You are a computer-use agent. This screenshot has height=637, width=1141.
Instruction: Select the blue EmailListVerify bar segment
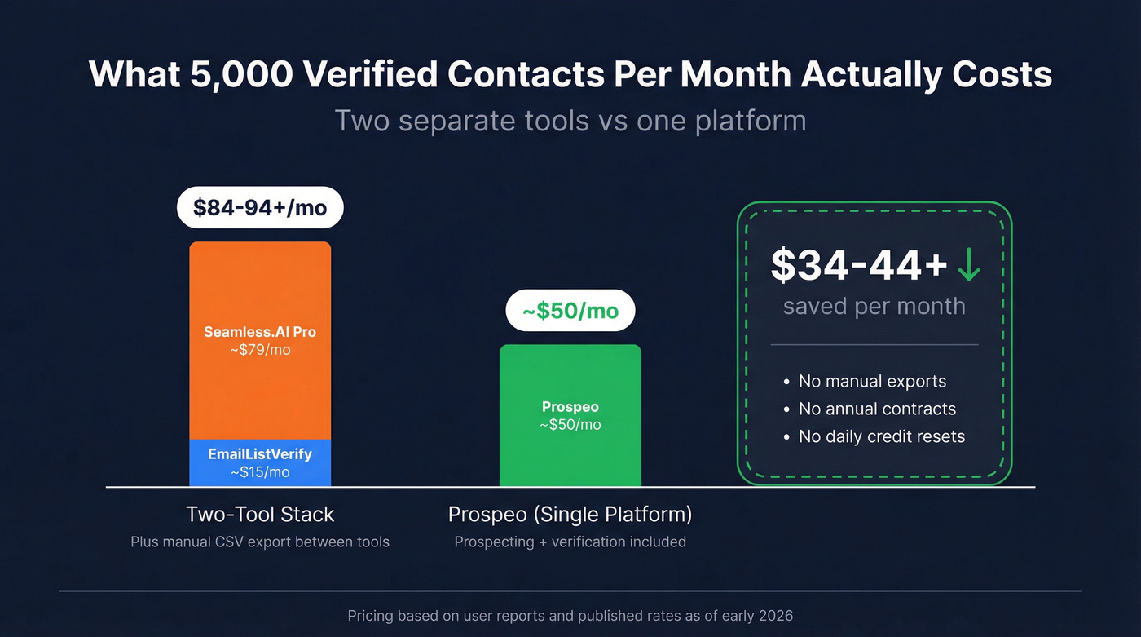point(260,462)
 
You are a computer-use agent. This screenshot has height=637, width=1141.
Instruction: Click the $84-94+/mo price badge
point(260,208)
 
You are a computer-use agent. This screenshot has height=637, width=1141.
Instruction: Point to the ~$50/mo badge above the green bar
point(570,311)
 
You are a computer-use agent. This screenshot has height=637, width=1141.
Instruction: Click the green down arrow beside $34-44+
point(969,266)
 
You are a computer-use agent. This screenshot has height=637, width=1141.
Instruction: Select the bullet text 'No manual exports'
point(872,381)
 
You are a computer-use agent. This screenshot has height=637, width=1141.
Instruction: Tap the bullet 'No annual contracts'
point(877,409)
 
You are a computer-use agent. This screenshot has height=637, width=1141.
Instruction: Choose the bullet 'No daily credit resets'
point(882,436)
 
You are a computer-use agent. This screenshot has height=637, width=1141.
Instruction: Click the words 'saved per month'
point(874,307)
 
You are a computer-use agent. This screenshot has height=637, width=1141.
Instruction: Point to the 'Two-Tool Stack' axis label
point(260,515)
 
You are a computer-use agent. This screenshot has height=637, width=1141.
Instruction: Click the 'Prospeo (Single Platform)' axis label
point(570,515)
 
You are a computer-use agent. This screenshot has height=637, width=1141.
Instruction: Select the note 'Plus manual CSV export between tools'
point(260,542)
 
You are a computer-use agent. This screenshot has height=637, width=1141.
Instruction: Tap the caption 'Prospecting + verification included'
point(570,542)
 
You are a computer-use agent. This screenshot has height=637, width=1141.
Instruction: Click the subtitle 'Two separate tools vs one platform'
point(570,121)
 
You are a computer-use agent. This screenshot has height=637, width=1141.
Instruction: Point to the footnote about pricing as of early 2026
point(570,615)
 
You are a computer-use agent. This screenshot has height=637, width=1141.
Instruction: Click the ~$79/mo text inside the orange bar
point(260,350)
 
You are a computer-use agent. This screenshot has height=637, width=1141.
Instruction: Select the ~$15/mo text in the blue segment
point(260,472)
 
